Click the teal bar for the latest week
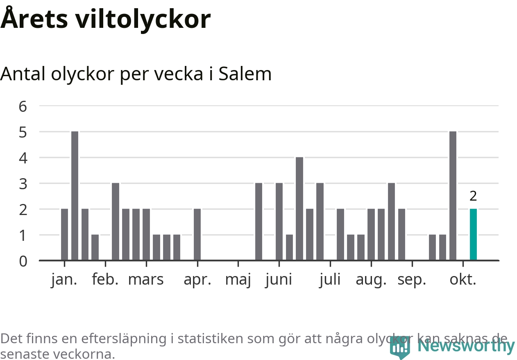pos(473,234)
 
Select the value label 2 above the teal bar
pos(473,196)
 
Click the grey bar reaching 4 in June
pos(299,208)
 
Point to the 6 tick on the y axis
pos(23,106)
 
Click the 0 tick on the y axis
pos(23,261)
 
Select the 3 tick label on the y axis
pos(23,184)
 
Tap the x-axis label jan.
pos(64,280)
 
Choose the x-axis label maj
pos(238,280)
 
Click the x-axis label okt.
pos(463,280)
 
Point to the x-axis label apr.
pos(197,280)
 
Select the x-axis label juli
pos(330,280)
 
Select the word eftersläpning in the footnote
pos(128,339)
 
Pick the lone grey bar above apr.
pos(197,234)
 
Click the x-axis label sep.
pos(412,280)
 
